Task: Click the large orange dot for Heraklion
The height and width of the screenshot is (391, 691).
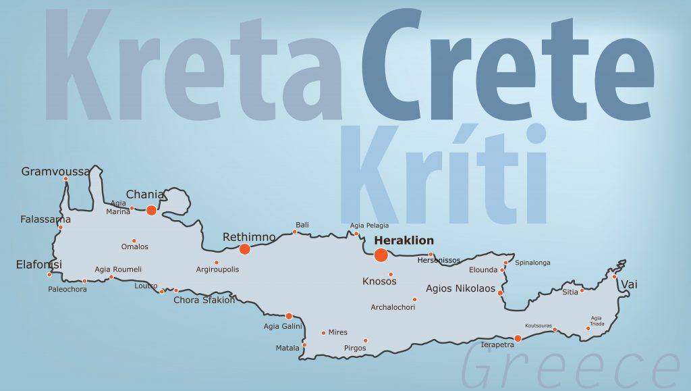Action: [x=381, y=255]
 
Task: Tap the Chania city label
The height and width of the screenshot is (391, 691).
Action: [x=145, y=194]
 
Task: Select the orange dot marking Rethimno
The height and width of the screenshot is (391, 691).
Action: [x=245, y=249]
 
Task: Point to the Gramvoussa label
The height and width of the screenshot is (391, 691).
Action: [x=55, y=172]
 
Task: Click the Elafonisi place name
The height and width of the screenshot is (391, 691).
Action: [x=39, y=265]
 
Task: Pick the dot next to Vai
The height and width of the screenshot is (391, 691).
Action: [x=615, y=276]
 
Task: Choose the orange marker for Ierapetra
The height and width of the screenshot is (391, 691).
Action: [x=518, y=338]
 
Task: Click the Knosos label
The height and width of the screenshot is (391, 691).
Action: [x=379, y=281]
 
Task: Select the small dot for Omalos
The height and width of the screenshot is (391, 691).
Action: [x=134, y=240]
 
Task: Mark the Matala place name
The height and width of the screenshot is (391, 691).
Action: [x=287, y=348]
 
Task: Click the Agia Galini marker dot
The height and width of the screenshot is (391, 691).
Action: [x=289, y=316]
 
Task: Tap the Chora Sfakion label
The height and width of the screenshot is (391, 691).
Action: [x=204, y=300]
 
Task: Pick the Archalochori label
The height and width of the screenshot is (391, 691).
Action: [x=393, y=308]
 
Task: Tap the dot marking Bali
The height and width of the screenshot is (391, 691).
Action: [x=294, y=232]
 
